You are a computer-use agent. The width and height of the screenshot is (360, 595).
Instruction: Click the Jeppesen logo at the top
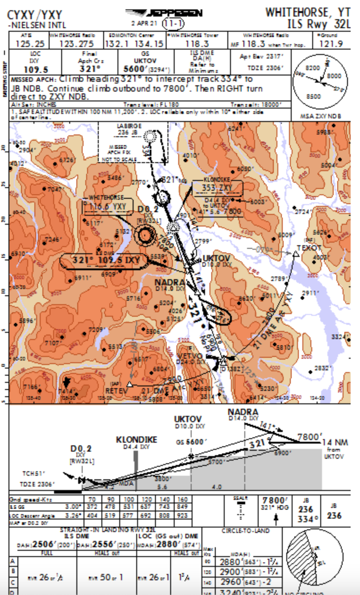pyautogui.click(x=163, y=13)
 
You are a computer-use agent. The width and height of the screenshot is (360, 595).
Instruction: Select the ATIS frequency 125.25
pyautogui.click(x=30, y=44)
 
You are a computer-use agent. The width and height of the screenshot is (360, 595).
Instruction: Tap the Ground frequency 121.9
pyautogui.click(x=331, y=44)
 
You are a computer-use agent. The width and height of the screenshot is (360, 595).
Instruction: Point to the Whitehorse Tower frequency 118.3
pyautogui.click(x=197, y=44)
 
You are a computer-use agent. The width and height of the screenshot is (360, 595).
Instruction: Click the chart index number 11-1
pyautogui.click(x=173, y=23)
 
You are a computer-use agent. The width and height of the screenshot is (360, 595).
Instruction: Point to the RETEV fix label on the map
pyautogui.click(x=117, y=390)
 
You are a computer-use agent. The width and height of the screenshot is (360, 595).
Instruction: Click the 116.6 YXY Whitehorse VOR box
pyautogui.click(x=107, y=206)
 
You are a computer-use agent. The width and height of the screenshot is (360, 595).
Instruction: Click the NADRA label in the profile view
pyautogui.click(x=243, y=412)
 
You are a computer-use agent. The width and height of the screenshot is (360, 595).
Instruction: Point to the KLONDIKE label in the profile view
pyautogui.click(x=137, y=440)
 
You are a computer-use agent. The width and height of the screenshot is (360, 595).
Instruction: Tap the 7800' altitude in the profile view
pyautogui.click(x=310, y=436)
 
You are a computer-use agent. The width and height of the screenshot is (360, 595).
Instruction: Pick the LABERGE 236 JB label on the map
pyautogui.click(x=129, y=129)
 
